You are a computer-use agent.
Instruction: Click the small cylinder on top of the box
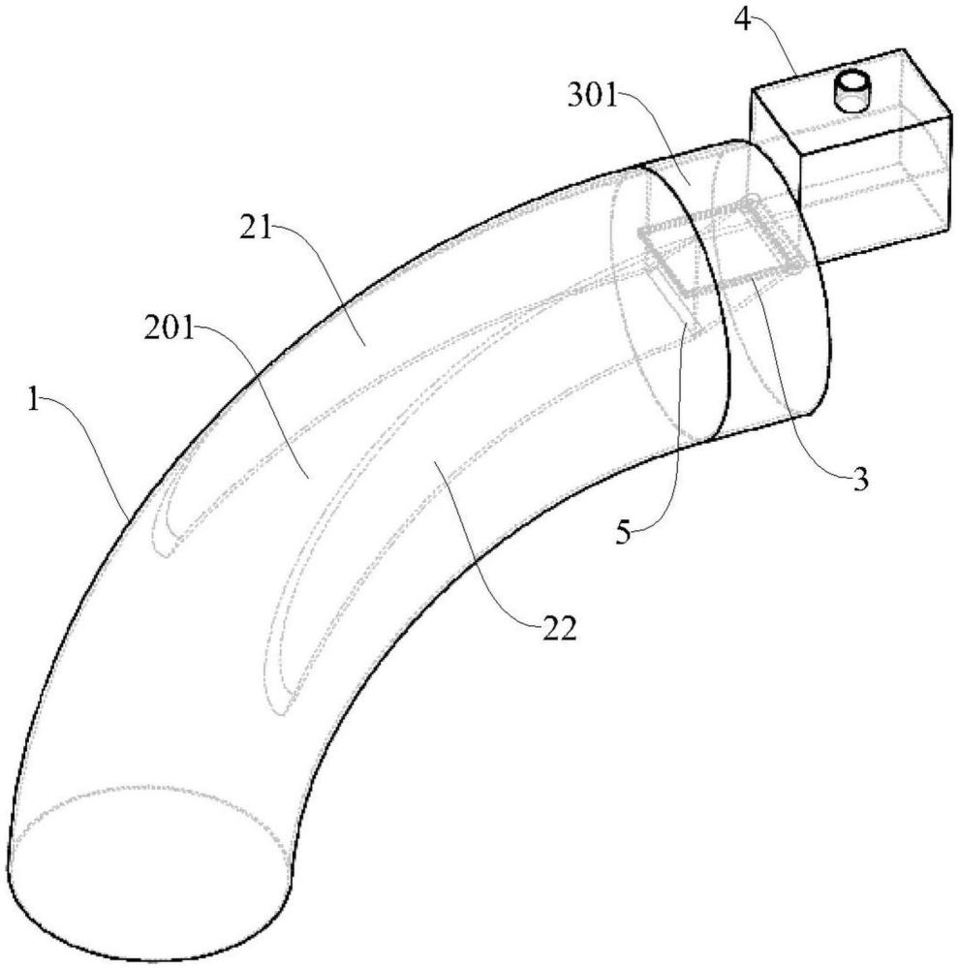tap(852, 93)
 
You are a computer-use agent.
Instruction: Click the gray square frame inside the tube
tap(717, 247)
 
